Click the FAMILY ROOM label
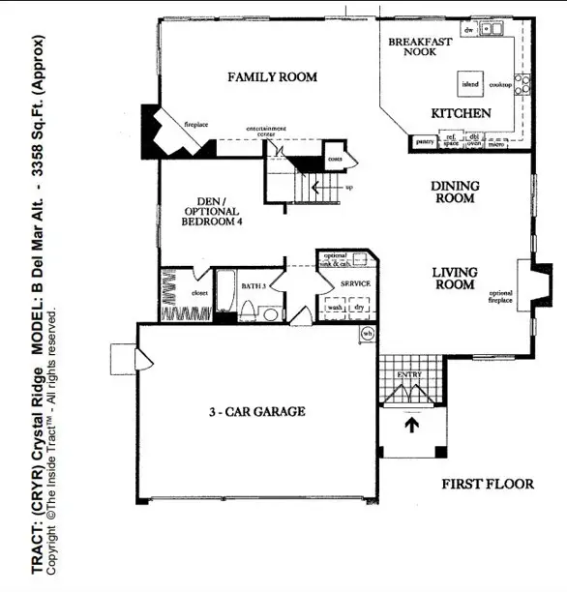272,76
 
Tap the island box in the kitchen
470,85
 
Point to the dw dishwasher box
468,31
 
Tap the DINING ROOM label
454,192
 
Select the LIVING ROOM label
453,279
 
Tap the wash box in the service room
335,307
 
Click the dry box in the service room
359,307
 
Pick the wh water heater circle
367,334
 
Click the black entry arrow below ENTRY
410,425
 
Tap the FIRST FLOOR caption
488,484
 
